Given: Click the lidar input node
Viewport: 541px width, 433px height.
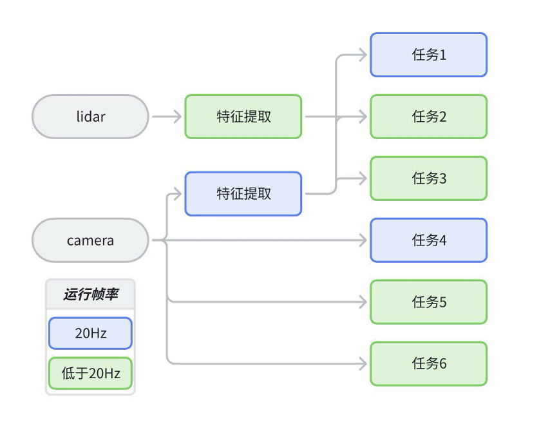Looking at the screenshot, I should click(90, 117).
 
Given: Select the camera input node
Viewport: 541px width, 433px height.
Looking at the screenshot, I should click(90, 240).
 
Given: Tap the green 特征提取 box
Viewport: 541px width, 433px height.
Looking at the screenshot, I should click(243, 117).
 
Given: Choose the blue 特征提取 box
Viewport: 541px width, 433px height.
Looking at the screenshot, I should click(243, 193).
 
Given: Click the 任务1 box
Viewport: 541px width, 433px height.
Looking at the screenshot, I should click(428, 55).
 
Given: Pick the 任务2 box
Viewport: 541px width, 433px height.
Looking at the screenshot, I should click(428, 117).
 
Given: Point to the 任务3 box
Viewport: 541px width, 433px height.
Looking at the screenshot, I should click(428, 178).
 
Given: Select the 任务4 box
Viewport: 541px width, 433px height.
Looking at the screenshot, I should click(428, 240).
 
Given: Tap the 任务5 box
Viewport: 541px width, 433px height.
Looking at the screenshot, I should click(428, 302).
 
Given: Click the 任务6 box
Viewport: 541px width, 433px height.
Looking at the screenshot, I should click(428, 363).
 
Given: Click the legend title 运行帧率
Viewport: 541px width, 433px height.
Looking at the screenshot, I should click(90, 294).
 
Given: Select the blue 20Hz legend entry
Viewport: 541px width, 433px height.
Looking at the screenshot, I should click(90, 334).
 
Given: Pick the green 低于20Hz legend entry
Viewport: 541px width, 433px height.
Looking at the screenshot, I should click(90, 373).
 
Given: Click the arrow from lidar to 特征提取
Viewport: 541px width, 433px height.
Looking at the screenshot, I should click(167, 117).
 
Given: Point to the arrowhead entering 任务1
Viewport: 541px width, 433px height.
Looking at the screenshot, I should click(363, 55).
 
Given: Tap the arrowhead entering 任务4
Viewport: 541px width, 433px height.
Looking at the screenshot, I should click(363, 240).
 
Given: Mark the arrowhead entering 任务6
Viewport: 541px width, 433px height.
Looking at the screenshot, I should click(363, 363).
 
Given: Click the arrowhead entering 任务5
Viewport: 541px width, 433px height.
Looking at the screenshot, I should click(363, 302).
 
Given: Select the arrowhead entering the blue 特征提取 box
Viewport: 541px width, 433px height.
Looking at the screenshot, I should click(178, 193).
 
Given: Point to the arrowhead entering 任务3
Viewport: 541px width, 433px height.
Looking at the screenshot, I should click(363, 178).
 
